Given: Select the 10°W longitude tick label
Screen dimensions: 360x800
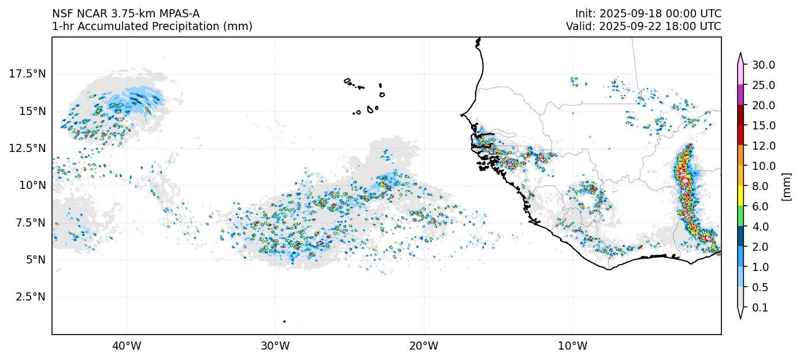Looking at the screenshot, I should pyautogui.click(x=573, y=346).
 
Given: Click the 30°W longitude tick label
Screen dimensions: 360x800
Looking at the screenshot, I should pyautogui.click(x=275, y=346).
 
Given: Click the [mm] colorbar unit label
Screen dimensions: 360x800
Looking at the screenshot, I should pyautogui.click(x=786, y=187).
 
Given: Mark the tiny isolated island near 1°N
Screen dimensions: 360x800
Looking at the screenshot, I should pyautogui.click(x=284, y=321).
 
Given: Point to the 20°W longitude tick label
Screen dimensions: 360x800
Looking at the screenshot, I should pyautogui.click(x=424, y=346).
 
